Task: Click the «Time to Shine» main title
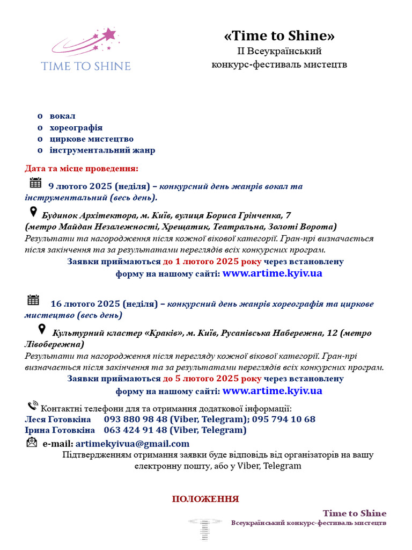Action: click(x=279, y=36)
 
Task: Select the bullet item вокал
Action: click(x=62, y=116)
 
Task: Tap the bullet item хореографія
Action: click(x=76, y=128)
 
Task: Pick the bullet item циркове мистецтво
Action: click(x=91, y=139)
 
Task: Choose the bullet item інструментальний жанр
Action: click(x=102, y=150)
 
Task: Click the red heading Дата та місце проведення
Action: click(x=82, y=169)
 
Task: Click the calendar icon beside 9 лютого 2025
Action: click(x=35, y=183)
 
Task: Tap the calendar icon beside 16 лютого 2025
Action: click(x=33, y=300)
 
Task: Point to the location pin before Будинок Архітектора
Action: click(x=33, y=212)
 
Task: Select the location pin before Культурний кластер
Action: click(x=41, y=329)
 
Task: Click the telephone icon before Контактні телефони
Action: click(x=33, y=406)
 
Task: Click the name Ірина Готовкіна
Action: click(x=60, y=430)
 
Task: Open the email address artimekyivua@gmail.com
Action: click(x=132, y=444)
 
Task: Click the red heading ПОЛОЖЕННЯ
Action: click(x=205, y=499)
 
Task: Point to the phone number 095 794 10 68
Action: click(x=284, y=419)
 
